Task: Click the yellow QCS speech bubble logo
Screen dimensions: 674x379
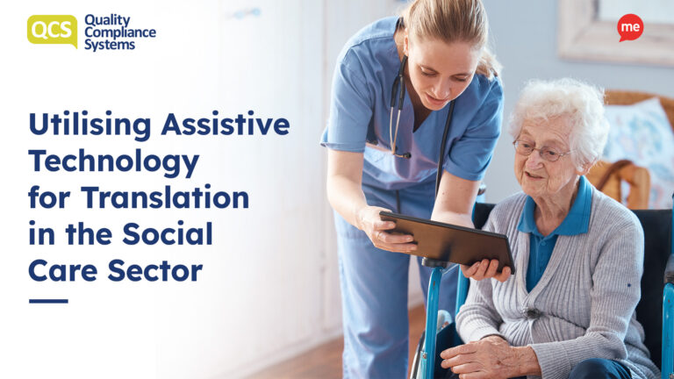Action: click(x=52, y=31)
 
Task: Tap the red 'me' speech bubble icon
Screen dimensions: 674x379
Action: click(x=630, y=27)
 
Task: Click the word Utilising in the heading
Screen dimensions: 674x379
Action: click(x=90, y=125)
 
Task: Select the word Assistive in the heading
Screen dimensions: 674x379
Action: click(x=226, y=125)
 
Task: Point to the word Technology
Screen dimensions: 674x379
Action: click(x=114, y=163)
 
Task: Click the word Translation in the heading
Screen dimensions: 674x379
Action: click(x=165, y=197)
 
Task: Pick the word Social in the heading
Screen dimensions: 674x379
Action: click(x=168, y=234)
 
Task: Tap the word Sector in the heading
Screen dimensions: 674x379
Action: click(x=154, y=271)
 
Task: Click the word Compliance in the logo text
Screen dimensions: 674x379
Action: click(x=120, y=32)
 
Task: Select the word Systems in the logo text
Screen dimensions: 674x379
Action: click(x=110, y=45)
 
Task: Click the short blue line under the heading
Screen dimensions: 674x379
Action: click(x=48, y=301)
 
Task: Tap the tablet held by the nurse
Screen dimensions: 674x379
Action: click(x=447, y=240)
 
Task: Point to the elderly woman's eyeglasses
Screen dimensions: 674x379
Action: click(x=541, y=151)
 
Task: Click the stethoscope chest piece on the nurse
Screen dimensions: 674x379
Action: click(x=402, y=154)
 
